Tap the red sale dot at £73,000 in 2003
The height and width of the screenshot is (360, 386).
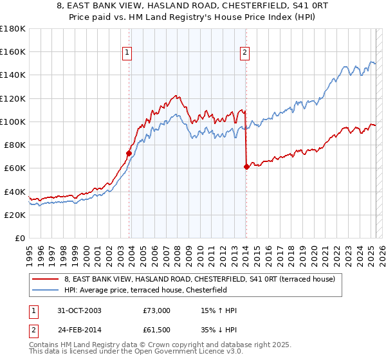click(x=129, y=153)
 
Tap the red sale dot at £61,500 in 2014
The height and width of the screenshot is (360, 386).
click(x=246, y=166)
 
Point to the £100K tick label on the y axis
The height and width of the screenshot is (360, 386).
click(x=13, y=122)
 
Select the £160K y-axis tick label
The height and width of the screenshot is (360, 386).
click(x=13, y=51)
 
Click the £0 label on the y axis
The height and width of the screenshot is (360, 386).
click(x=20, y=239)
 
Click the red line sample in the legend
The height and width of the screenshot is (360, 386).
click(x=46, y=279)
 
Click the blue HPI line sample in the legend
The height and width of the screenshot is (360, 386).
click(x=46, y=290)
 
